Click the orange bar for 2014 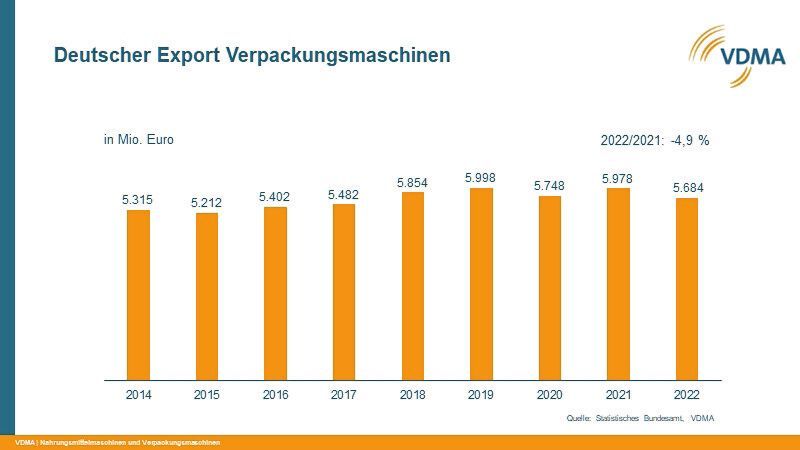[138, 295]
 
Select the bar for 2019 [480, 284]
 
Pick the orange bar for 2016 [275, 294]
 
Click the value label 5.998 [480, 177]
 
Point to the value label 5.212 [206, 203]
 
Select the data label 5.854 [412, 182]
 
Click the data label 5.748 [549, 186]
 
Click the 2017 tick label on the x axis [343, 395]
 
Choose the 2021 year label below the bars [617, 395]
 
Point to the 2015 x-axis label [206, 395]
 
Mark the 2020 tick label [549, 395]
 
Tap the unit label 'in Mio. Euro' [138, 140]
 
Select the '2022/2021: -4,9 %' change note [654, 141]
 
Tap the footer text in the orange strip [117, 442]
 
